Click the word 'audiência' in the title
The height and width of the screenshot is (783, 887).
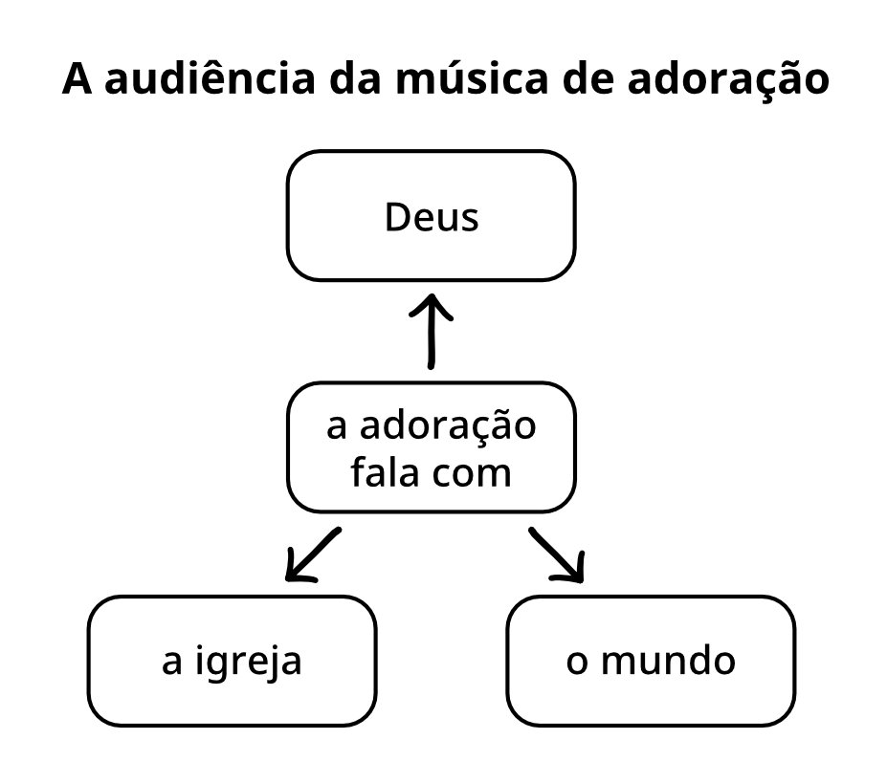click(x=210, y=78)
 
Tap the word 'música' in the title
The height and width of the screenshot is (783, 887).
click(x=472, y=78)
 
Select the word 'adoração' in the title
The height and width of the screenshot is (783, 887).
click(x=728, y=80)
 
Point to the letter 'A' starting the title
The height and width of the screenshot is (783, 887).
click(x=77, y=79)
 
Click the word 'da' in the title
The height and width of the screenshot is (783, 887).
click(x=355, y=78)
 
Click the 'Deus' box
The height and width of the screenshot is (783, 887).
click(x=431, y=215)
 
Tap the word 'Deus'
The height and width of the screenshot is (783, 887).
click(x=432, y=217)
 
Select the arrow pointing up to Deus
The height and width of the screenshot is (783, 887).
click(x=431, y=332)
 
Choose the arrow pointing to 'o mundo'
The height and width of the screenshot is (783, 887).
click(x=557, y=555)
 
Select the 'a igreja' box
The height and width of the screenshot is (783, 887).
click(x=232, y=661)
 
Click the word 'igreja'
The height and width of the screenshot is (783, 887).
click(x=249, y=663)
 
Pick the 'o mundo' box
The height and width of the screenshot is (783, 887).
click(x=651, y=661)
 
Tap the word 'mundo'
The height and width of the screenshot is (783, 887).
click(x=668, y=661)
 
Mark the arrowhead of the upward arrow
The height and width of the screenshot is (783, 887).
click(x=431, y=295)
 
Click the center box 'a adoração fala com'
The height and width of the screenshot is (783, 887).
click(x=431, y=447)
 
